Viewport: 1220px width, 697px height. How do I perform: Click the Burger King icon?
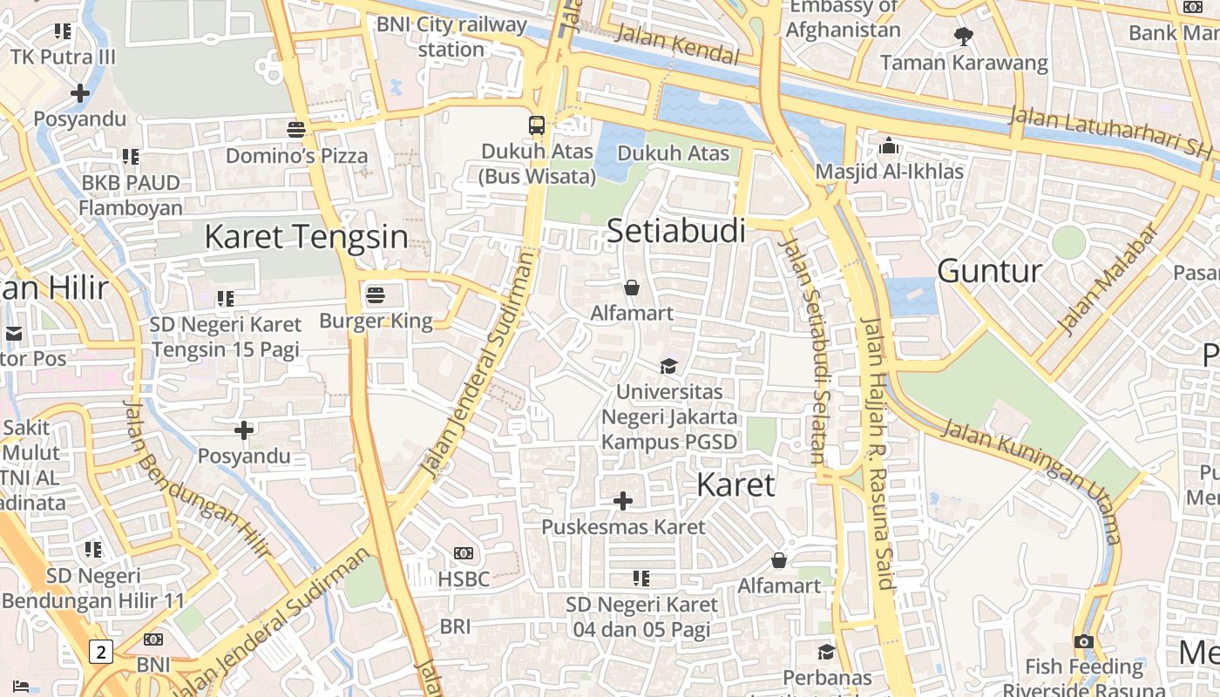click(376, 294)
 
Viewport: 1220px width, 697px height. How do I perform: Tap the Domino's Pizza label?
click(296, 156)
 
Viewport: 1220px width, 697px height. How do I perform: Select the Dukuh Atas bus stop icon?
click(537, 125)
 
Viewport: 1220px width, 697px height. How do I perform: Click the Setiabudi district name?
click(675, 231)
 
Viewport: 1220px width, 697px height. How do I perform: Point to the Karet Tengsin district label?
click(306, 236)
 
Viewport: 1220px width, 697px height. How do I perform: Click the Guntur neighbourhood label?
click(989, 271)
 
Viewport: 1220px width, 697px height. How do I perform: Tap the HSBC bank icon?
click(464, 553)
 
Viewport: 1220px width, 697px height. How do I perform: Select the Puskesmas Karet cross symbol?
click(623, 501)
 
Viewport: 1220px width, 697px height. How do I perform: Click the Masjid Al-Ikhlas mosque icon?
click(889, 145)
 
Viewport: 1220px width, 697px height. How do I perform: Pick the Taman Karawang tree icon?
click(964, 37)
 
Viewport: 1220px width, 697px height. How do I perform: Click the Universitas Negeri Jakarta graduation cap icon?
click(668, 366)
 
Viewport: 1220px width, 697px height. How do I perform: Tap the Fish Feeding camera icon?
click(1084, 642)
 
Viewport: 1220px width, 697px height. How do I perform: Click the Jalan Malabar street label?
click(1108, 278)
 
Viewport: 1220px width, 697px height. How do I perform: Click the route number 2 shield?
click(102, 651)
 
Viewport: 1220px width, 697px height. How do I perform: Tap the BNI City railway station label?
click(451, 37)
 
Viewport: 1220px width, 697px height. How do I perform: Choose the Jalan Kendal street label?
click(677, 45)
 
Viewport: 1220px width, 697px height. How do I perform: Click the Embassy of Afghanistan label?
click(843, 18)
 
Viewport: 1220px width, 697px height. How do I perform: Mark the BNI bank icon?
click(153, 639)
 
